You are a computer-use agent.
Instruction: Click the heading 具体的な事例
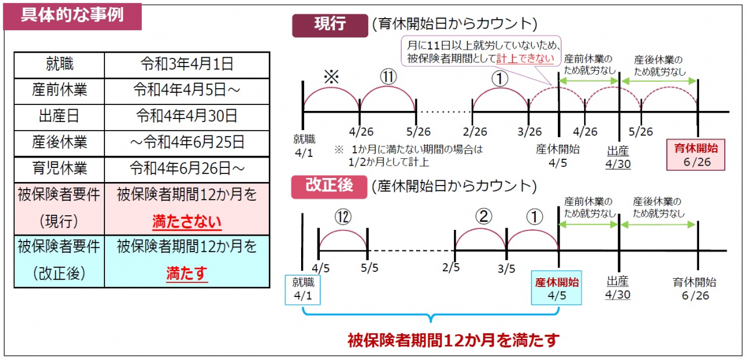[72, 15]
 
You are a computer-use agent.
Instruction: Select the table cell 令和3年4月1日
[187, 64]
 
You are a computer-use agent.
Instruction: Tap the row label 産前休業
[60, 90]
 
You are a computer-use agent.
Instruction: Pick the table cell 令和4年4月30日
[187, 116]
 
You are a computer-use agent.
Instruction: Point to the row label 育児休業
[60, 168]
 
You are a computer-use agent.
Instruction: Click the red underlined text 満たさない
[187, 222]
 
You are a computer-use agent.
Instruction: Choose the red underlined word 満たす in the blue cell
[187, 274]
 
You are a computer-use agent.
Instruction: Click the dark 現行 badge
[330, 25]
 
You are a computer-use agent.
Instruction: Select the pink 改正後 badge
[329, 187]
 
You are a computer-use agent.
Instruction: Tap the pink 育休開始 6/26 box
[696, 155]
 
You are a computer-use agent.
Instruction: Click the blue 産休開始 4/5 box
[556, 288]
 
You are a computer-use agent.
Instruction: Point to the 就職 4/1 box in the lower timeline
[302, 289]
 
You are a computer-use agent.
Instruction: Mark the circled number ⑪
[388, 77]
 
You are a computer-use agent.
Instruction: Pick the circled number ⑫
[343, 217]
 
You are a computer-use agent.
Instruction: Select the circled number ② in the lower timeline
[484, 216]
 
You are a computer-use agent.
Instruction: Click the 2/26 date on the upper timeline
[475, 132]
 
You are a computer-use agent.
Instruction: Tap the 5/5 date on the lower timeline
[369, 268]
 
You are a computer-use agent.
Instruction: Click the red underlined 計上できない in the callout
[525, 59]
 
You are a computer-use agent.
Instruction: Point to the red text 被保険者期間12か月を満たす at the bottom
[453, 340]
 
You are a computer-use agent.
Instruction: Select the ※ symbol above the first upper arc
[331, 77]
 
